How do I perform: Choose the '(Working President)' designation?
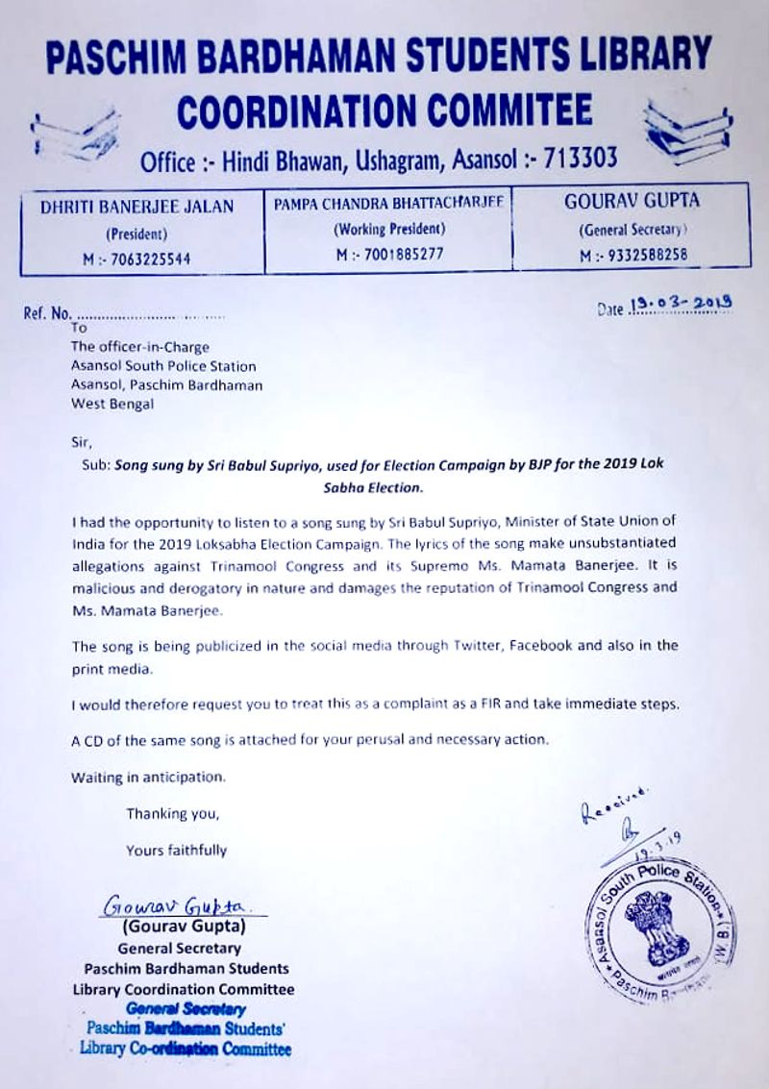[388, 230]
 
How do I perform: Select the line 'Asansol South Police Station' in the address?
[163, 365]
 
